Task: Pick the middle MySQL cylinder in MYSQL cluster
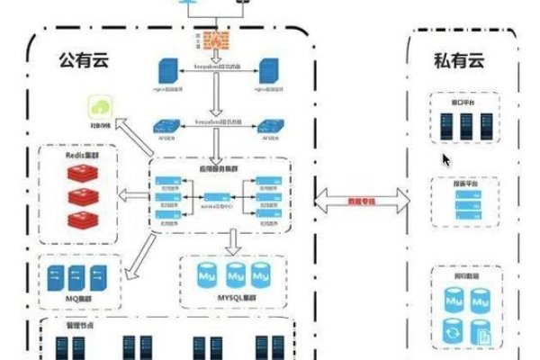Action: coord(235,271)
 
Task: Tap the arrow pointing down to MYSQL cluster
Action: coord(234,240)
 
